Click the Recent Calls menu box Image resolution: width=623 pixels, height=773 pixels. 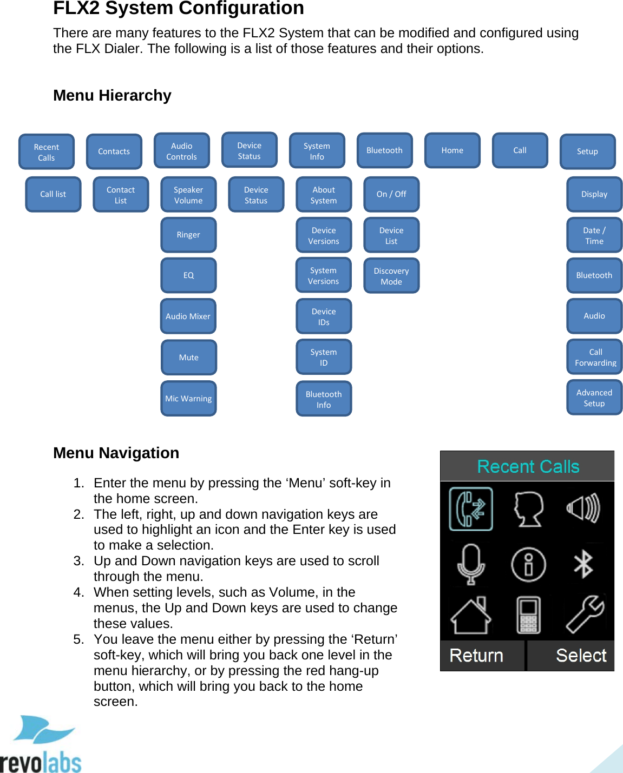[x=47, y=152]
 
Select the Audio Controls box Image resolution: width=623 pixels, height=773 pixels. [x=182, y=151]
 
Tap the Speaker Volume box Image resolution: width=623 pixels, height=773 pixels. [x=188, y=195]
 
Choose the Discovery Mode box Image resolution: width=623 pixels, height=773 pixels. [x=391, y=276]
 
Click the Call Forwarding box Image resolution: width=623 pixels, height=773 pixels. [x=595, y=357]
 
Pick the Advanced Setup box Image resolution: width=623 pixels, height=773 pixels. [x=594, y=398]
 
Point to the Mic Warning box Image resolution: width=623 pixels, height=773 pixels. [x=188, y=399]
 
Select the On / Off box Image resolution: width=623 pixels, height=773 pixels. [x=391, y=194]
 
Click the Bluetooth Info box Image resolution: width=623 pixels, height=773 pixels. [x=324, y=399]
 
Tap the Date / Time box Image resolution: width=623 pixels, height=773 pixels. [x=594, y=235]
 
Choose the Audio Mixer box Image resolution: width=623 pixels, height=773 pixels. [x=188, y=316]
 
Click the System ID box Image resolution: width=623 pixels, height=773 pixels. [x=324, y=357]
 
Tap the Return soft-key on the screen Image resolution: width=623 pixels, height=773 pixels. [x=477, y=656]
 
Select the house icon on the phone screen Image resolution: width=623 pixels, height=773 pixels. [x=471, y=616]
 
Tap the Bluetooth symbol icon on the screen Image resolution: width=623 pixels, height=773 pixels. [x=583, y=564]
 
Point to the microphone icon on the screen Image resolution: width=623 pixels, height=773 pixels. [x=471, y=564]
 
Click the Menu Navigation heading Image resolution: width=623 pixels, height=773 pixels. [x=116, y=453]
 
